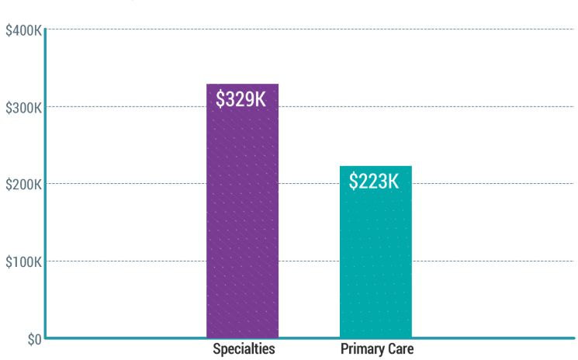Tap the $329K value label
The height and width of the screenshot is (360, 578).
click(241, 99)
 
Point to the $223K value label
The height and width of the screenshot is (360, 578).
click(375, 182)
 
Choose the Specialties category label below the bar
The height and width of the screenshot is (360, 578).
click(244, 349)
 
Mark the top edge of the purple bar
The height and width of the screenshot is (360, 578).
click(242, 84)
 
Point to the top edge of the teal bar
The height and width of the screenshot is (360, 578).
click(376, 166)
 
